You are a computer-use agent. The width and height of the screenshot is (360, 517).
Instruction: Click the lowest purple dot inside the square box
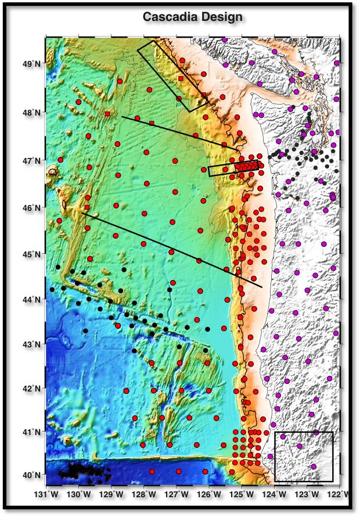click(314, 466)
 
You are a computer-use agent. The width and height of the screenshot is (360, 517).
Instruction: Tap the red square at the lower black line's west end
click(87, 207)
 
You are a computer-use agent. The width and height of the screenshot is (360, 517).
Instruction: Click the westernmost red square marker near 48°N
click(107, 114)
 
